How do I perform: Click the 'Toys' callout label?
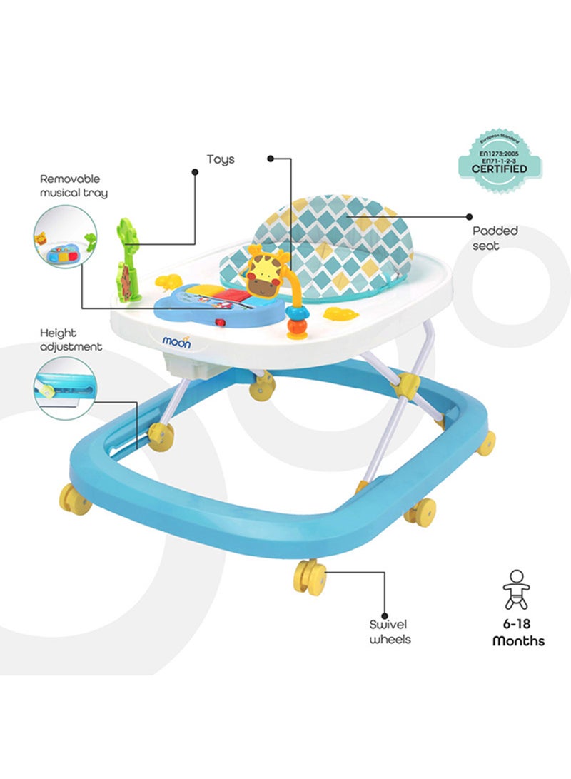tap(221, 160)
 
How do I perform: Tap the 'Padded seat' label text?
tap(495, 238)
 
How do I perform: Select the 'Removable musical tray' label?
tap(74, 186)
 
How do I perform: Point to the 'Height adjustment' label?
tap(71, 340)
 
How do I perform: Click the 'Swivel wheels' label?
tap(390, 632)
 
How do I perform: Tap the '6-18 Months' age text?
tap(518, 633)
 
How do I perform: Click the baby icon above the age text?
tap(516, 590)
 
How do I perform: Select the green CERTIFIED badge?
tap(500, 161)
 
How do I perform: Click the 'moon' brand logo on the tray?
tap(176, 342)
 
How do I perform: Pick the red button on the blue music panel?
tap(219, 323)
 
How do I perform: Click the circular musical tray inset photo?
tap(65, 237)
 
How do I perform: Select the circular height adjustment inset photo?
tap(64, 388)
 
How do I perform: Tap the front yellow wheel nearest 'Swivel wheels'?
tap(309, 577)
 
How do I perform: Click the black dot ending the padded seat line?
tap(469, 216)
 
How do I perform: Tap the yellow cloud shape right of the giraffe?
tap(340, 313)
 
